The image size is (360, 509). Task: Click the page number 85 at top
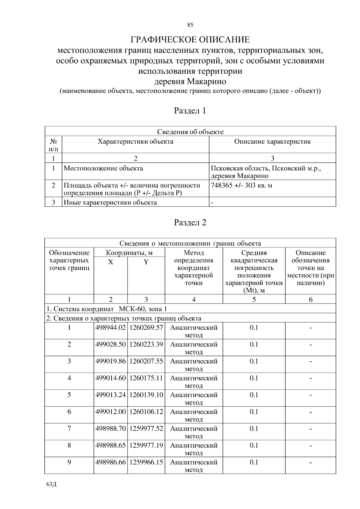click(x=190, y=25)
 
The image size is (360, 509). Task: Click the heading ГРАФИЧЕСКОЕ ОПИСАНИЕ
click(x=190, y=40)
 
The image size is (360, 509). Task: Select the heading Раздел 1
click(x=190, y=111)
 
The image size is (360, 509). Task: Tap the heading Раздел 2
click(x=190, y=223)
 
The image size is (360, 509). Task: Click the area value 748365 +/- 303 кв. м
click(x=241, y=185)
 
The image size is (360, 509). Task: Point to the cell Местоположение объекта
click(x=103, y=168)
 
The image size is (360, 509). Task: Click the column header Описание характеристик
click(x=272, y=142)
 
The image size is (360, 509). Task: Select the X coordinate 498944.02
click(x=110, y=328)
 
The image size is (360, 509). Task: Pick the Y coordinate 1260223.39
click(x=146, y=344)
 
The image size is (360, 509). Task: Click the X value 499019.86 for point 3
click(x=110, y=361)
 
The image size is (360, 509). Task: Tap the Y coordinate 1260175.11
click(x=146, y=378)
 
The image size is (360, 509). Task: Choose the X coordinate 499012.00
click(x=110, y=412)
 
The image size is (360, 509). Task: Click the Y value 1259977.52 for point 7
click(x=146, y=428)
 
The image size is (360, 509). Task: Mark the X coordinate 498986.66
click(x=110, y=462)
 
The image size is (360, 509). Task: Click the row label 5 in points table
click(x=69, y=395)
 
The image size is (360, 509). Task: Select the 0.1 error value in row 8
click(x=254, y=445)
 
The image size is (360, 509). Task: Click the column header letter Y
click(x=146, y=262)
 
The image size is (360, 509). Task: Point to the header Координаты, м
click(x=129, y=253)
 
